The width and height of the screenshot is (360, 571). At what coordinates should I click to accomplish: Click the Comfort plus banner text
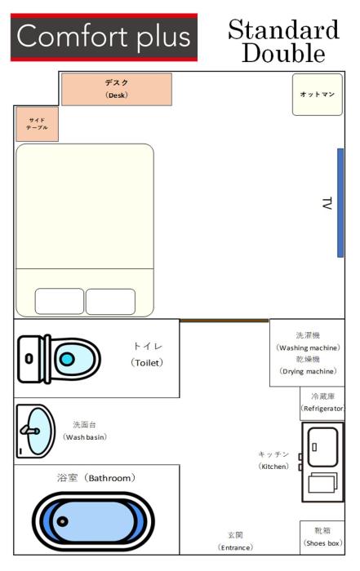coord(104,37)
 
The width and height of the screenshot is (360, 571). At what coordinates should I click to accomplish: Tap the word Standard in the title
coord(283,29)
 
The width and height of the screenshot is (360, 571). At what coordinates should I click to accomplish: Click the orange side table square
coord(37,124)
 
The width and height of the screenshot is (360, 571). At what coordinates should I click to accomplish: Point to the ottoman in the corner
coord(318,95)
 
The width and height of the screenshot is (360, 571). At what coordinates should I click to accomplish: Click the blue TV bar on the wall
coord(340,203)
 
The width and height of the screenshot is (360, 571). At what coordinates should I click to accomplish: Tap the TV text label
coord(327,203)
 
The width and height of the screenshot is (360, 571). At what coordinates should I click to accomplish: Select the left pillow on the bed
coord(60,301)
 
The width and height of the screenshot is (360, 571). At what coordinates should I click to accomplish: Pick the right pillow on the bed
coord(110,302)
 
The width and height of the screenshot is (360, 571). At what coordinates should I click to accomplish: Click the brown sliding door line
coord(224,321)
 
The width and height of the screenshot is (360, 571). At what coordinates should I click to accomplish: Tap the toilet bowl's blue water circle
coord(67,359)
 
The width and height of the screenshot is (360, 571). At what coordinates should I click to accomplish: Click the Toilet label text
coord(147,363)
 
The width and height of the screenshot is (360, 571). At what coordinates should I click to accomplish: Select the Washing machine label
coord(309,347)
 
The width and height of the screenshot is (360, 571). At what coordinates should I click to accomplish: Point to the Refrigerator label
coord(322,409)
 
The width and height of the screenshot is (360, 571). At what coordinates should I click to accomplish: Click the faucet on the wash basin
coord(30,430)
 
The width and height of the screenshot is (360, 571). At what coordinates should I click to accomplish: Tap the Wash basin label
coord(85,437)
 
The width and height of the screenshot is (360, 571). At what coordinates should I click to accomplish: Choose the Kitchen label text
coord(273,467)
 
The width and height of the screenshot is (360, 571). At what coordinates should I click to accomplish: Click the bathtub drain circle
coord(63,521)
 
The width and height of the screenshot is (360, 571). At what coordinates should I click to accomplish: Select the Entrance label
coord(235,547)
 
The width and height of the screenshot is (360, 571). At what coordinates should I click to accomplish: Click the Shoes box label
coord(322,543)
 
